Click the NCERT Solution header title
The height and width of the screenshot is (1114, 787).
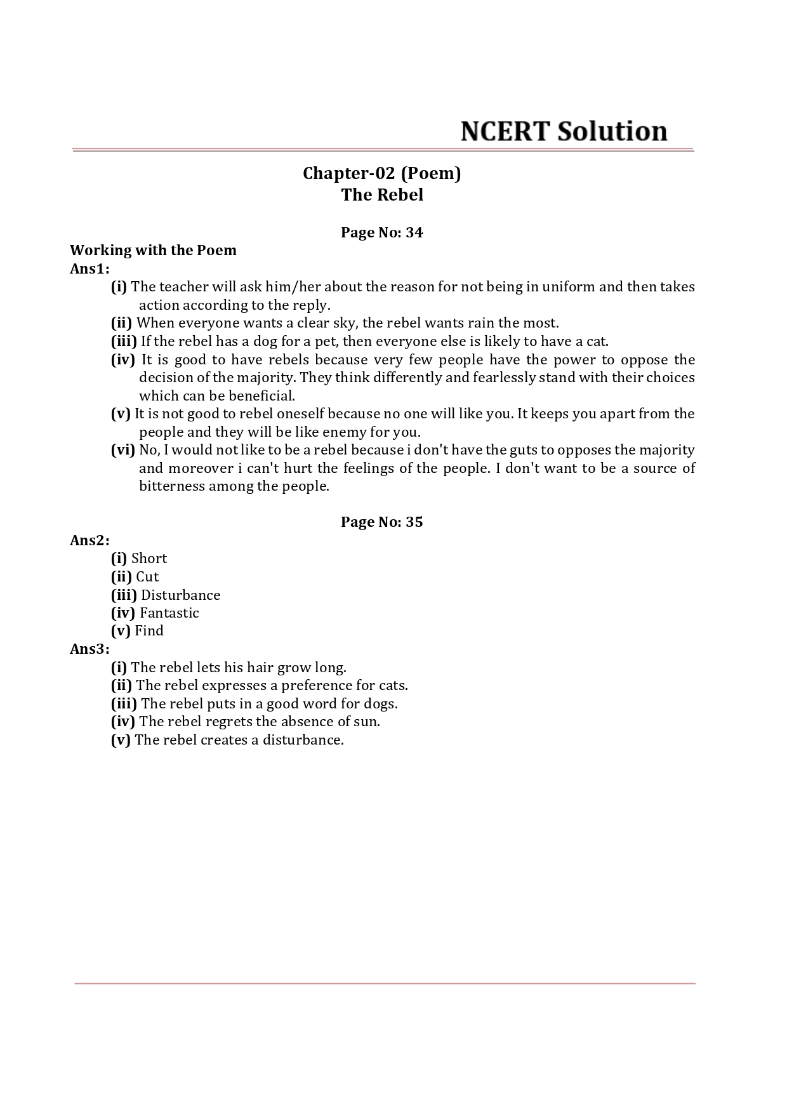tap(564, 131)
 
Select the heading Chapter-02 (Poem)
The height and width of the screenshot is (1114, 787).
tap(381, 173)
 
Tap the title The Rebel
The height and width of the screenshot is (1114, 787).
tap(381, 195)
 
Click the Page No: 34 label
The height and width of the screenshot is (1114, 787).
tap(381, 232)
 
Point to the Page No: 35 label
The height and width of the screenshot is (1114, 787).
tap(381, 522)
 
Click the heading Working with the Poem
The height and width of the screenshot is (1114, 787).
tap(153, 250)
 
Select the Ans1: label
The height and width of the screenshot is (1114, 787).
tap(89, 269)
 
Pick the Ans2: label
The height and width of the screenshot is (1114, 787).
tap(89, 540)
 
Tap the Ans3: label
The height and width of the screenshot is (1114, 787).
tap(89, 649)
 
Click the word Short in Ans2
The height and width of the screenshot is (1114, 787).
tap(149, 559)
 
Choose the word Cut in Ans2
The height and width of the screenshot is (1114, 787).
tap(147, 577)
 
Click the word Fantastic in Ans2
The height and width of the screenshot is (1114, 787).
tap(169, 613)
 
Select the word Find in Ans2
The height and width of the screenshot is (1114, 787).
tap(149, 631)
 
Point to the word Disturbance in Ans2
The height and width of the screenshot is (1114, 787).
tap(180, 595)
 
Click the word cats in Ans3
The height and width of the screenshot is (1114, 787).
tap(393, 686)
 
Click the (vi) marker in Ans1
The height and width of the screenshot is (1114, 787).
tap(122, 450)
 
